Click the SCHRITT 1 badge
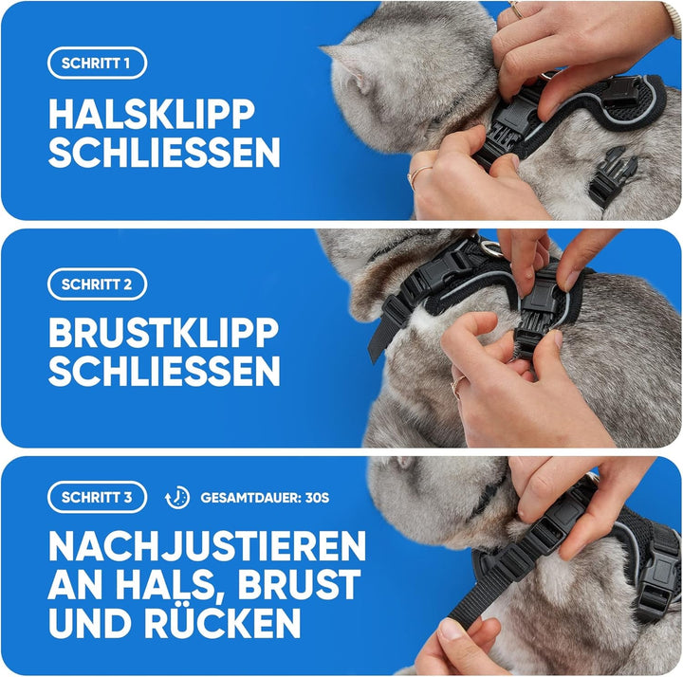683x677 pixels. pyautogui.click(x=97, y=64)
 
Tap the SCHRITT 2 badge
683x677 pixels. pyautogui.click(x=97, y=284)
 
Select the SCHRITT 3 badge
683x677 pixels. pyautogui.click(x=97, y=497)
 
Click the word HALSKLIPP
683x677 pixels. pyautogui.click(x=152, y=114)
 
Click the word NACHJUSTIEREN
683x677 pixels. pyautogui.click(x=207, y=546)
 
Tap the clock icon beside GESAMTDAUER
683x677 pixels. pyautogui.click(x=177, y=498)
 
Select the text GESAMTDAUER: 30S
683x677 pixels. pyautogui.click(x=265, y=498)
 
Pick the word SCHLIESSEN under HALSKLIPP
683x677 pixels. pyautogui.click(x=164, y=153)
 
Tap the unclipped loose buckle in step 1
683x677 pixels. pyautogui.click(x=610, y=176)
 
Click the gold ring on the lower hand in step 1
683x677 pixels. pyautogui.click(x=417, y=174)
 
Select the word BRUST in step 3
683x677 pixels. pyautogui.click(x=299, y=584)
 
